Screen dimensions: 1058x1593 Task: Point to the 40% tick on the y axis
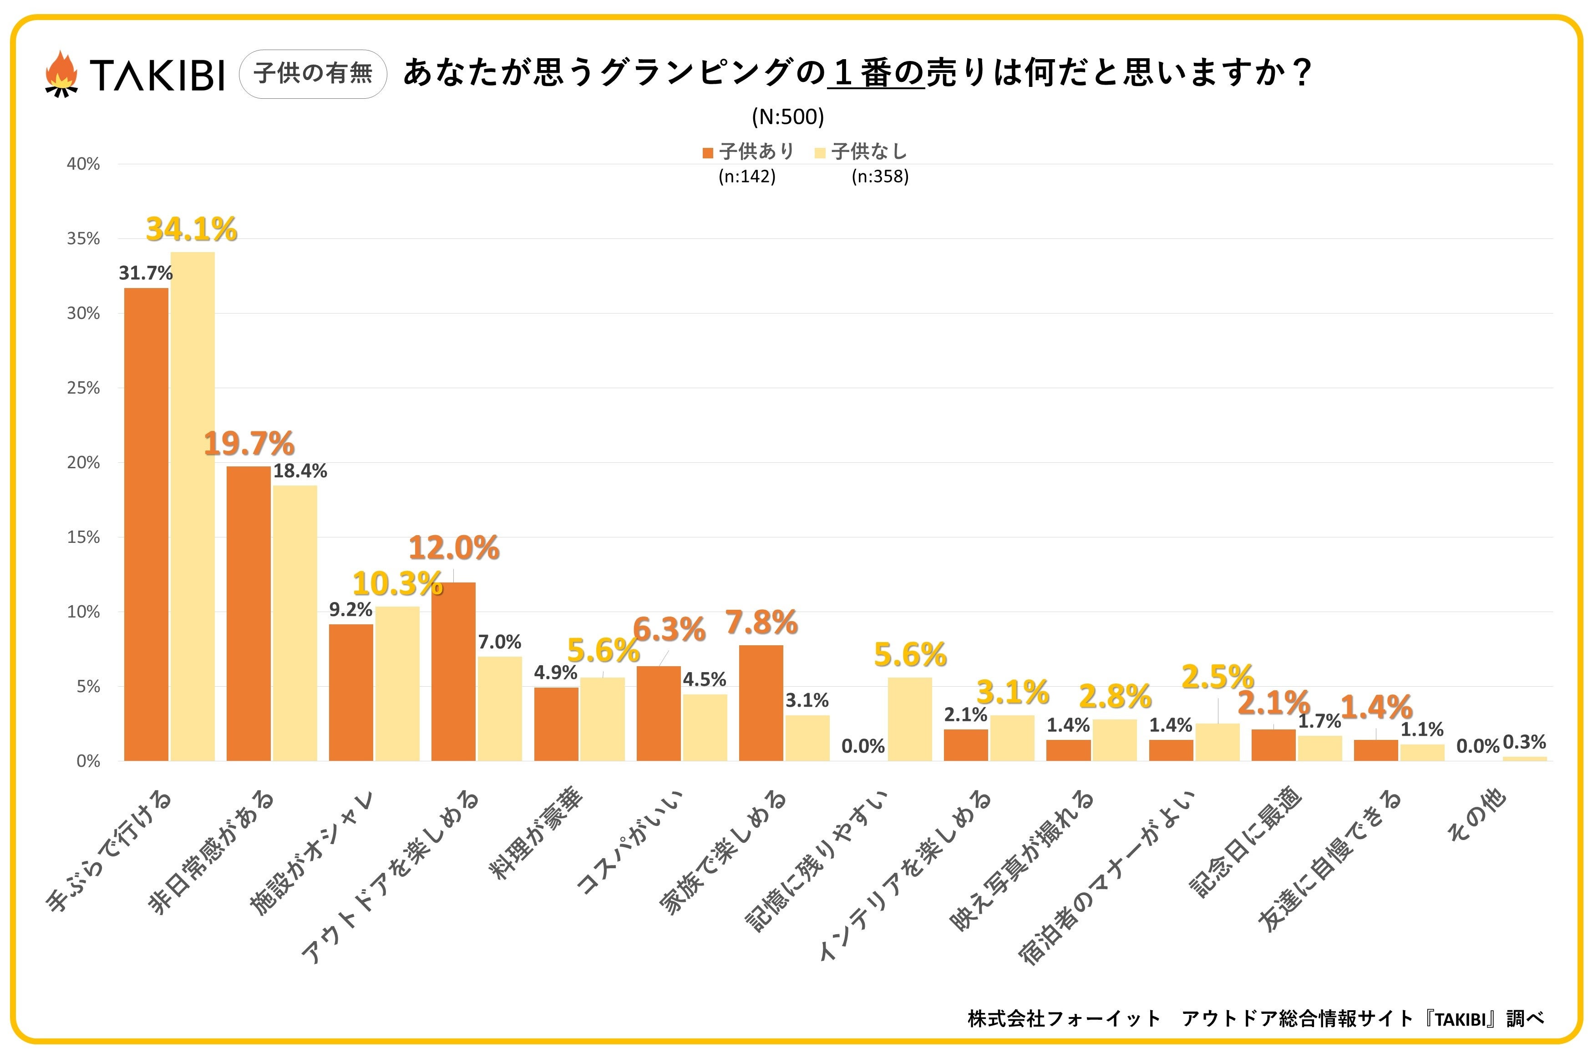tap(83, 164)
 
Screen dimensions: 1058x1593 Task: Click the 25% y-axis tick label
tap(83, 388)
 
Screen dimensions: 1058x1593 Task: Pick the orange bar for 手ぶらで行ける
tap(147, 524)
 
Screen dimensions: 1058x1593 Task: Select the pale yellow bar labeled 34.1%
tap(193, 506)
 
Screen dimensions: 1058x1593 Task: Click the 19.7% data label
tap(249, 444)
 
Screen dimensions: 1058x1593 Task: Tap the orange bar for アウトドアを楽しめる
tap(453, 671)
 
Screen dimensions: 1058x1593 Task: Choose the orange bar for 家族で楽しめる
tap(761, 703)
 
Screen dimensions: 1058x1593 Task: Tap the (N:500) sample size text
tap(788, 117)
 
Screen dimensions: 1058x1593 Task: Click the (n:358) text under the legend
tap(880, 177)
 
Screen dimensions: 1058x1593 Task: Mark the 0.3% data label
tap(1525, 742)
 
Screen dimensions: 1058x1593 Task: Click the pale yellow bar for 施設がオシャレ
tap(397, 683)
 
